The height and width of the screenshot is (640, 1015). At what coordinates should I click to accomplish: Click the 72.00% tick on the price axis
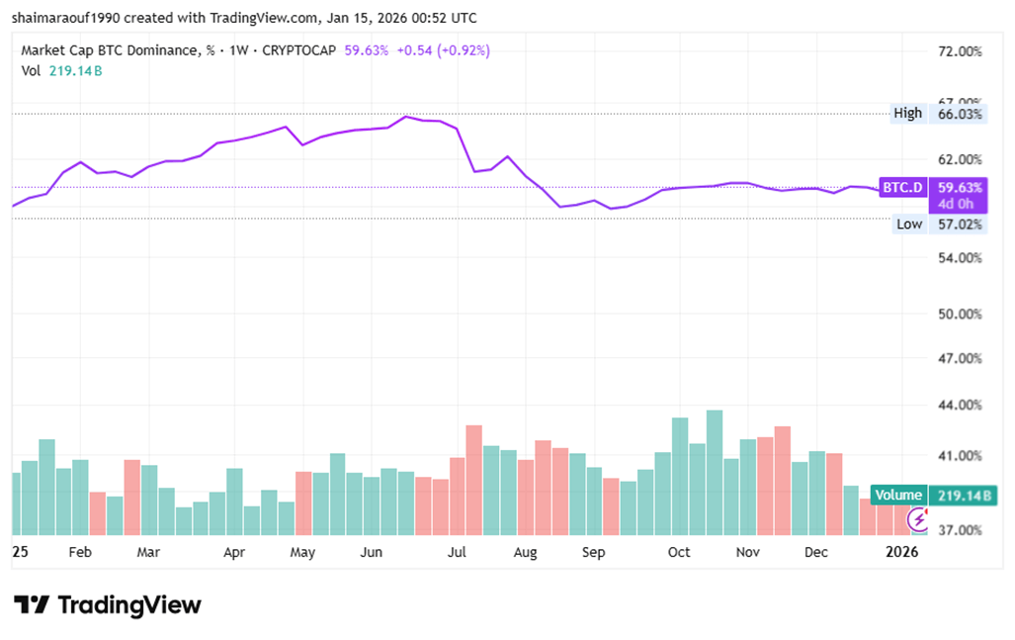point(958,50)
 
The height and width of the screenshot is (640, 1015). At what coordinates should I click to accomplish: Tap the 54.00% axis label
point(958,258)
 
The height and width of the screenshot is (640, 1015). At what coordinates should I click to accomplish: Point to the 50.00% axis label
point(958,314)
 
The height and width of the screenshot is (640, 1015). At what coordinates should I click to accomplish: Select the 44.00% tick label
point(958,405)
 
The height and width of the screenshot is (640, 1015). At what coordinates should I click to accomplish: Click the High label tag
point(907,114)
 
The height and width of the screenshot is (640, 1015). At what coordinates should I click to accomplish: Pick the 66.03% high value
point(958,114)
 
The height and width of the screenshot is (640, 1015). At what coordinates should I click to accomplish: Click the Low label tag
point(909,225)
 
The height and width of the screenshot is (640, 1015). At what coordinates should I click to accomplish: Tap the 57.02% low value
point(958,225)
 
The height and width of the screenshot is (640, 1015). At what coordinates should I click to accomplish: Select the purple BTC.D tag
point(902,186)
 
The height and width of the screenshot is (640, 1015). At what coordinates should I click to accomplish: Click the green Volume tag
point(897,495)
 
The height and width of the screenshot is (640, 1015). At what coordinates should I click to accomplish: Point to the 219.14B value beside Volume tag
point(958,495)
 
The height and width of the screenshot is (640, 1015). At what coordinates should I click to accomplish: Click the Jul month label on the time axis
point(458,552)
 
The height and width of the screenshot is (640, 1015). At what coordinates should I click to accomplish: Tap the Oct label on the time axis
point(679,552)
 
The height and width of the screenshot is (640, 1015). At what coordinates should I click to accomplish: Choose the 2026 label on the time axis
point(901,552)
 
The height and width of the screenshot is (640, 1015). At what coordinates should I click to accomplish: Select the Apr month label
point(234,552)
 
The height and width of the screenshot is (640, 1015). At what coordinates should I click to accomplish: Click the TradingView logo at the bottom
point(108,604)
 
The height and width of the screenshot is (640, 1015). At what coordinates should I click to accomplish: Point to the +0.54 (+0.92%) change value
point(443,50)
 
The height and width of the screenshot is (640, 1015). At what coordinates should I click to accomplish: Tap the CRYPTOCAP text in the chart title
point(299,50)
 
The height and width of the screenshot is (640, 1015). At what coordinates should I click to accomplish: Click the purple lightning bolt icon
point(918,518)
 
